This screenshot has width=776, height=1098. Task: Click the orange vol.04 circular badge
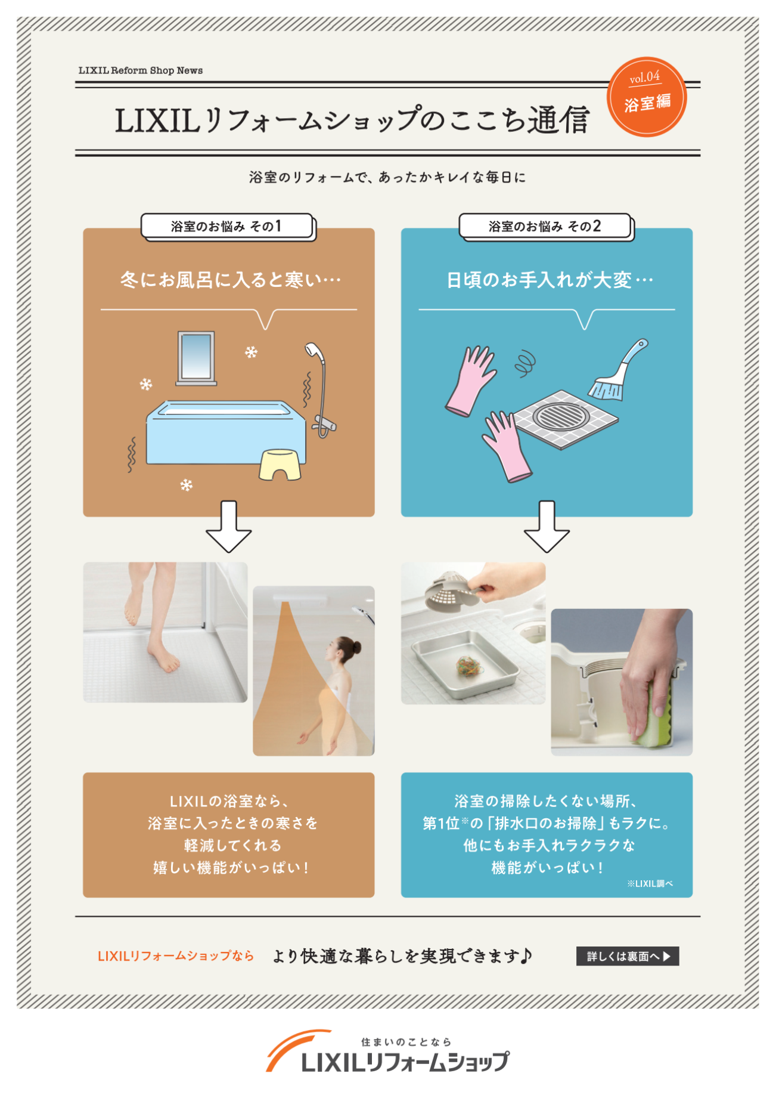[647, 97]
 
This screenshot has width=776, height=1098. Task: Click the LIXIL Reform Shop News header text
[141, 70]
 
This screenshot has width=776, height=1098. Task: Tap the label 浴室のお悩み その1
[226, 227]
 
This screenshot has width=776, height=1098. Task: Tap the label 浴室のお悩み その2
[545, 227]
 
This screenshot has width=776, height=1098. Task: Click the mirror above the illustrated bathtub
[196, 357]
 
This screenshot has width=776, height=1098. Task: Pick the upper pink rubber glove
[471, 380]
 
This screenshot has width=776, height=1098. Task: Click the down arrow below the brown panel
[229, 527]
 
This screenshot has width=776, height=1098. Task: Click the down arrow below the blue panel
[547, 527]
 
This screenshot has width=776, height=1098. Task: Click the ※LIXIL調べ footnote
[650, 883]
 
